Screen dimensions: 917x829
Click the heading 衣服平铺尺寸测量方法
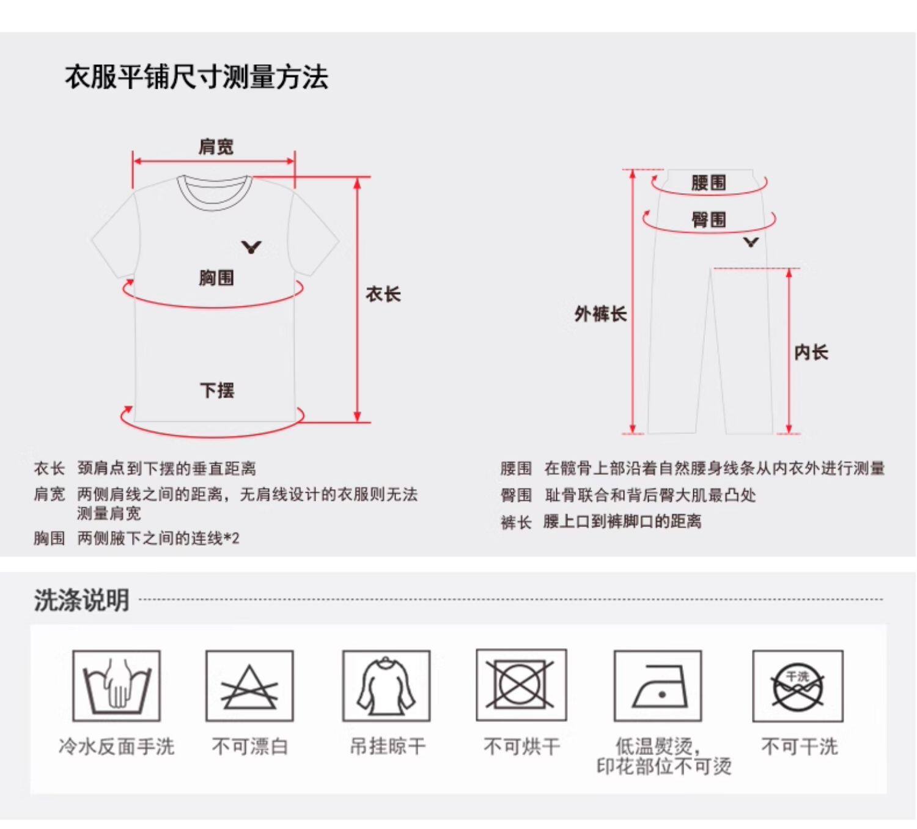(196, 78)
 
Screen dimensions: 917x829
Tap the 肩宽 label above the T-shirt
(216, 147)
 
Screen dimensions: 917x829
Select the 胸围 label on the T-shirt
(216, 278)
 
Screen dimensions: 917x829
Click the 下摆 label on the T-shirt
(217, 390)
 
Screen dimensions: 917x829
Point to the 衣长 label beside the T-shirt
(383, 294)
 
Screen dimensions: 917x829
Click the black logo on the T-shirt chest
(251, 247)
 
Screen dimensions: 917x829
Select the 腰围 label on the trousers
(709, 182)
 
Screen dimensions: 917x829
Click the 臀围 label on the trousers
(709, 219)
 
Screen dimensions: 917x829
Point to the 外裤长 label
(600, 314)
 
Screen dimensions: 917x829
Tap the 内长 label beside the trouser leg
(811, 352)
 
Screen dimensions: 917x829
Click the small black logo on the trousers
(751, 242)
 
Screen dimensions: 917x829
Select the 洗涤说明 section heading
(81, 600)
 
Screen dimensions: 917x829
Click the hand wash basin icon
(116, 686)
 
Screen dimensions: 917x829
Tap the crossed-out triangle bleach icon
(249, 686)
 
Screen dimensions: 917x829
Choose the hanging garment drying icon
(386, 686)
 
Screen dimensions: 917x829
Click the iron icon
(658, 686)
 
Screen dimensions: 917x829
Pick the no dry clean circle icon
(798, 686)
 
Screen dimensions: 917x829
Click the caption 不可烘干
(521, 746)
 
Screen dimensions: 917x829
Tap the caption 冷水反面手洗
(116, 746)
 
